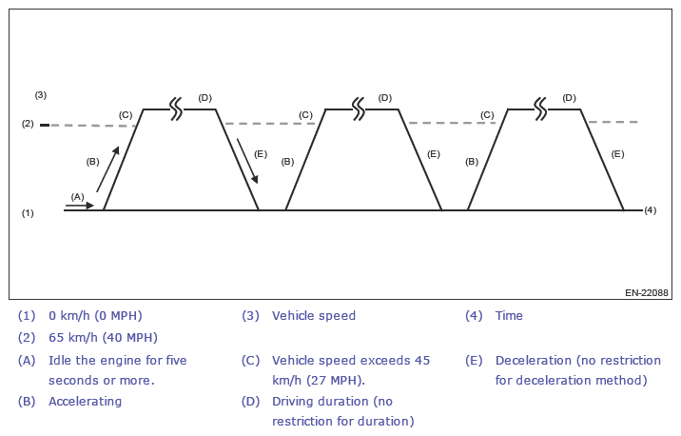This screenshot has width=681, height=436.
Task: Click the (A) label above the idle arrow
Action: click(x=78, y=196)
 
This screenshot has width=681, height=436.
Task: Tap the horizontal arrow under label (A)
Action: click(x=82, y=205)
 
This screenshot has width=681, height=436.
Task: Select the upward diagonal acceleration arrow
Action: click(x=108, y=168)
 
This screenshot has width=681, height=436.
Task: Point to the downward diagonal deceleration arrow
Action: click(x=246, y=161)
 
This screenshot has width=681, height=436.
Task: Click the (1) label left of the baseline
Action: click(x=28, y=213)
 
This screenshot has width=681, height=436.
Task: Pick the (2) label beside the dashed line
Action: click(x=28, y=124)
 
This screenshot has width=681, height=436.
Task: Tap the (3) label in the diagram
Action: click(x=41, y=95)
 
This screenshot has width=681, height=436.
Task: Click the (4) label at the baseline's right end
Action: click(x=651, y=209)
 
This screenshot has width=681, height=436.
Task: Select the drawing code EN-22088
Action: click(x=646, y=292)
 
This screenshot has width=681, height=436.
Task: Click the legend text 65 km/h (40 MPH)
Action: click(x=103, y=337)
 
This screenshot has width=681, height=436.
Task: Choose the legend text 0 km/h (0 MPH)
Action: click(x=95, y=315)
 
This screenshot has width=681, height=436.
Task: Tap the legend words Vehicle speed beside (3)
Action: click(x=314, y=315)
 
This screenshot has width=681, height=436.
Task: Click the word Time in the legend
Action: click(x=509, y=315)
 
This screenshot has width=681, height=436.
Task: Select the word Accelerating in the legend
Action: click(x=85, y=401)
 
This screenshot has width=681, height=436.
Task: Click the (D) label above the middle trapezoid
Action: click(x=384, y=97)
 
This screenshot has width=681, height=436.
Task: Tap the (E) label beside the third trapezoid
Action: click(x=617, y=153)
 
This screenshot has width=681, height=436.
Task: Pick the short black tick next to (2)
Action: click(x=44, y=125)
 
